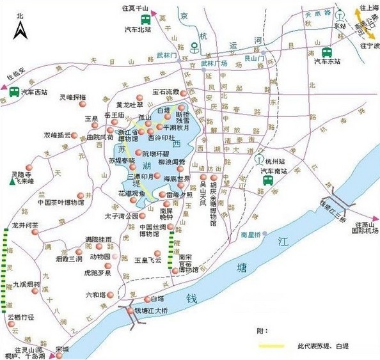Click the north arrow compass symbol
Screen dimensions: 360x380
20,27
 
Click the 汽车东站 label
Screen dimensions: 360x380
326,62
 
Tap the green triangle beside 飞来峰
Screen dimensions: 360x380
12,182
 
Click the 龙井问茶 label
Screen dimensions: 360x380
26,226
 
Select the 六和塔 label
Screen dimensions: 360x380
95,295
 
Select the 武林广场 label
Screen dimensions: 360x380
214,63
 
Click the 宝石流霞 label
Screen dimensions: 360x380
166,92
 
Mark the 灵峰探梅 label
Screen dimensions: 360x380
73,97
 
